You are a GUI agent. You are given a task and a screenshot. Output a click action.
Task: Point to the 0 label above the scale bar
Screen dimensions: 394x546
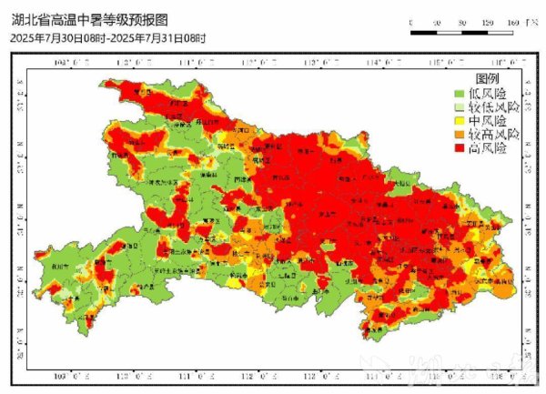(x=412, y=22)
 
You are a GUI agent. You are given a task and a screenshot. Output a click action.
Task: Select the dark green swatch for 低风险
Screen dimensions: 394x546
(x=460, y=94)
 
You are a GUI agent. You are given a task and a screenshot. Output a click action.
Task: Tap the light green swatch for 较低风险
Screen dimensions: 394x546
(x=460, y=106)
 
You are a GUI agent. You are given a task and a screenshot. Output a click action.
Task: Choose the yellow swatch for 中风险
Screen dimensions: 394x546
(x=460, y=120)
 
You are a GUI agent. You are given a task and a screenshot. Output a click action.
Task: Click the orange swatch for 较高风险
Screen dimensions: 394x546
(x=460, y=134)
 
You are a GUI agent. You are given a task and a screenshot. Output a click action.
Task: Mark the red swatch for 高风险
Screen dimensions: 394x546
(x=460, y=147)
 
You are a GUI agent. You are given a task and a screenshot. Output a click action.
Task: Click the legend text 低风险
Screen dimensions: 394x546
(x=488, y=94)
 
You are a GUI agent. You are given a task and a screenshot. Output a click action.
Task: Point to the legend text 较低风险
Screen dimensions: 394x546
(x=493, y=106)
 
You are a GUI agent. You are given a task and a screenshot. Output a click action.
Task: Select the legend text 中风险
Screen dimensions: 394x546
(x=488, y=120)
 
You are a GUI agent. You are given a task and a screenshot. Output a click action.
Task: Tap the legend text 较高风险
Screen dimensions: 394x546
(x=493, y=134)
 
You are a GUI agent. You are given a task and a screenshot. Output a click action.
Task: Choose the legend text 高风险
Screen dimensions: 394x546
(x=488, y=147)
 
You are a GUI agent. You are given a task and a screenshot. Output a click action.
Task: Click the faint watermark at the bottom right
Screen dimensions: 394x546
(x=437, y=373)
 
